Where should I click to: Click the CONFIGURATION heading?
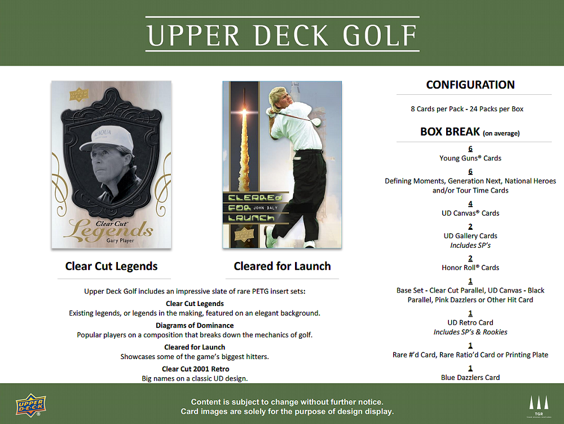coord(470,85)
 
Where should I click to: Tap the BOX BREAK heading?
coord(450,132)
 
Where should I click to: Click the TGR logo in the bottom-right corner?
coord(538,405)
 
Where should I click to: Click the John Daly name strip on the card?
coord(259,208)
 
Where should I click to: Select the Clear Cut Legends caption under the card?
coord(112,266)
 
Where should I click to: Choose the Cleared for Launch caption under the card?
coord(282,266)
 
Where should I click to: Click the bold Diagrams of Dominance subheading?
coord(195,325)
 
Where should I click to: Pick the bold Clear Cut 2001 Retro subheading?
coord(195,369)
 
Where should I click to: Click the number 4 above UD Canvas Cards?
coord(470,204)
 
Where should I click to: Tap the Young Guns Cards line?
coord(470,158)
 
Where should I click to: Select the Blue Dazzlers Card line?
coord(470,377)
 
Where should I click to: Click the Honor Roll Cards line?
coord(470,268)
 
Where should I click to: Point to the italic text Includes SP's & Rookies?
coord(470,332)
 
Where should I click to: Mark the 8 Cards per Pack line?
coord(467,109)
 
